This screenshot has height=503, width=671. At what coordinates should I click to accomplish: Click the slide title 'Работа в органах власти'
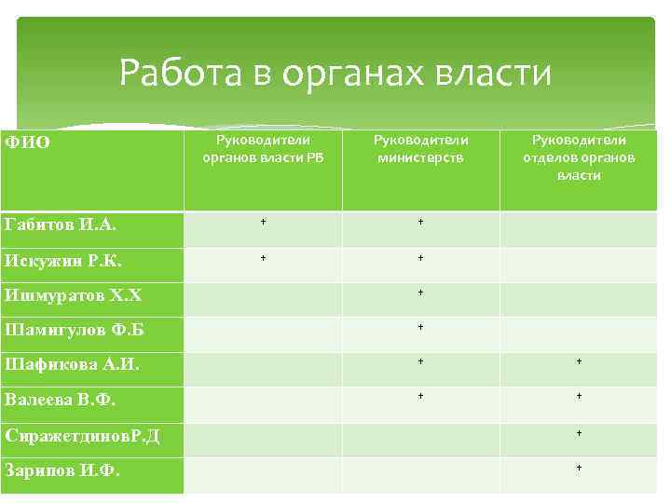[x=335, y=73]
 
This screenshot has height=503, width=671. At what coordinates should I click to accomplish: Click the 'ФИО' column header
[x=27, y=142]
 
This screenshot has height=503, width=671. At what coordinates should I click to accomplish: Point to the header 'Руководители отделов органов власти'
[x=579, y=157]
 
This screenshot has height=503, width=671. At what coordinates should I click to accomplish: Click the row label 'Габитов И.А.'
[x=61, y=224]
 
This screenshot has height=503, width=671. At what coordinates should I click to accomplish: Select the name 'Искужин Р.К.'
[x=62, y=260]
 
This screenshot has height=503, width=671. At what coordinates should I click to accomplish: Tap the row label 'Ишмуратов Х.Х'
[x=68, y=295]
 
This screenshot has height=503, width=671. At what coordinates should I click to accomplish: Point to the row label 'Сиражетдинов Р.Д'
[x=82, y=435]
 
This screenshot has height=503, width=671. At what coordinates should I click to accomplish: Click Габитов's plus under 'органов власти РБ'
[x=263, y=223]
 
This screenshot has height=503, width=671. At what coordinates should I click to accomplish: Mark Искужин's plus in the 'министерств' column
[x=421, y=258]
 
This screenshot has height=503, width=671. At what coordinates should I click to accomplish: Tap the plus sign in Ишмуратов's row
[x=421, y=292]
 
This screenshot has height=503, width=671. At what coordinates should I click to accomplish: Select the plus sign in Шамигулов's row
[x=421, y=327]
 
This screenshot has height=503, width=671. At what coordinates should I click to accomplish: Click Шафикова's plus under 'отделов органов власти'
[x=579, y=361]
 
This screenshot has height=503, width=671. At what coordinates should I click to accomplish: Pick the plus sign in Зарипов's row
[x=579, y=467]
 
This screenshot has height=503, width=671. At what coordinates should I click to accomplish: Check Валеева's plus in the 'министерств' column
[x=421, y=396]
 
